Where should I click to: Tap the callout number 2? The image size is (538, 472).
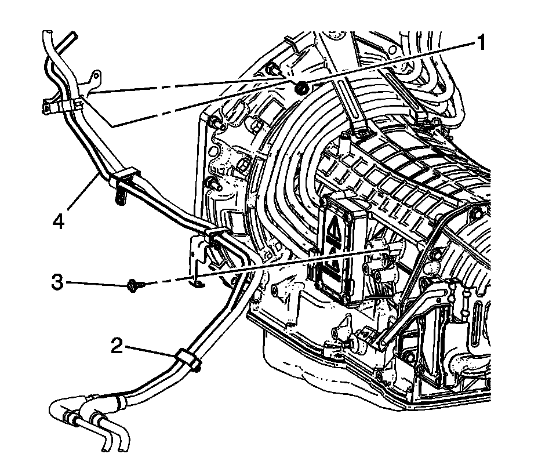117,347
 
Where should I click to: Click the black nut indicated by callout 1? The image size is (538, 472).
301,88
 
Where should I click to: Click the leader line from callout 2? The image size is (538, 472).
148,351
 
